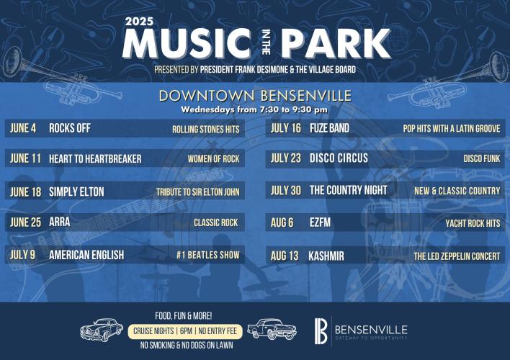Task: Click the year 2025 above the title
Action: pos(139,22)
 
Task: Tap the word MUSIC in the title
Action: pos(187,44)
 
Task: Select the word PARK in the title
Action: pos(336,44)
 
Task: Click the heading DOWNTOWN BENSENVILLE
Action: pos(255,96)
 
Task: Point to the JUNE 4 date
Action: pos(23,128)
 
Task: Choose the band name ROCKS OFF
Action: pos(70,128)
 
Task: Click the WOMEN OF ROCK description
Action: pos(213,158)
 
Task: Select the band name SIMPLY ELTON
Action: pos(76,192)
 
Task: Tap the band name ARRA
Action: pos(60,222)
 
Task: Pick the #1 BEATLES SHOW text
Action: pos(208,255)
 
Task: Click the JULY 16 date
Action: pos(286,128)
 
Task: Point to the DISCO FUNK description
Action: pos(482,158)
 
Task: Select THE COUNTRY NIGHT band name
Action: pos(349,190)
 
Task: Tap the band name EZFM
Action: pos(320,222)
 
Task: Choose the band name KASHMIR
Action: pos(326,256)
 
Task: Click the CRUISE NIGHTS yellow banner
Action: pos(185,331)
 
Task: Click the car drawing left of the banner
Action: pos(102,330)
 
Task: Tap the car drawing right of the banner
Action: pos(272,329)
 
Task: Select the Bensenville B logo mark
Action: pos(321,331)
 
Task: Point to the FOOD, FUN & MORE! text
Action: pos(184,316)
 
